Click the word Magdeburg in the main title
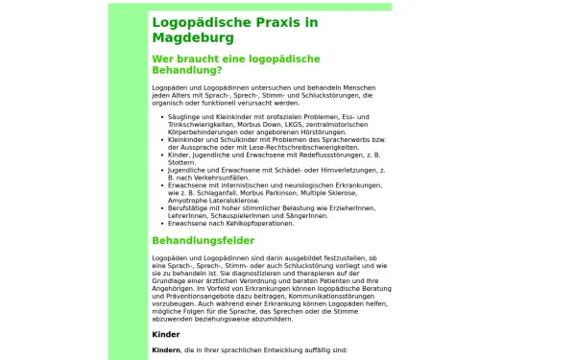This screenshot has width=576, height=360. pyautogui.click(x=192, y=38)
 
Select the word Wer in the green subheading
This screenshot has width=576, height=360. pyautogui.click(x=165, y=59)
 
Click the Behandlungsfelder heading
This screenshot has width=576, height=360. pyautogui.click(x=203, y=240)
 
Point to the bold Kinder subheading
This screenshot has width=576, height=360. pyautogui.click(x=166, y=334)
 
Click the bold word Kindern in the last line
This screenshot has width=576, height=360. pyautogui.click(x=166, y=351)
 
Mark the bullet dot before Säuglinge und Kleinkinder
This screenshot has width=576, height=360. pyautogui.click(x=159, y=116)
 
